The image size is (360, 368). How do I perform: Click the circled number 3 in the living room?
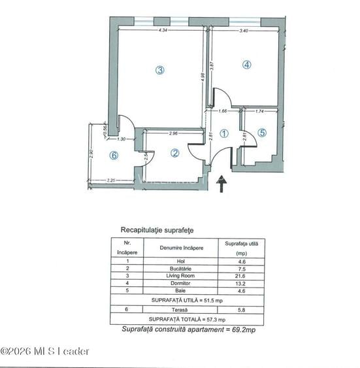click(x=159, y=71)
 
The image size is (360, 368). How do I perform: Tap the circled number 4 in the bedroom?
click(x=246, y=65)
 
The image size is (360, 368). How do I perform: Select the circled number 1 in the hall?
click(x=224, y=133)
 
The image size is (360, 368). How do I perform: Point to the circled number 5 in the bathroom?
click(x=262, y=133)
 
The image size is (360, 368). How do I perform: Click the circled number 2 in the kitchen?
click(x=174, y=153)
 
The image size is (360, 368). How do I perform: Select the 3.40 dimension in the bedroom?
click(x=244, y=31)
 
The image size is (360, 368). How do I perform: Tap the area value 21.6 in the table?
click(x=241, y=276)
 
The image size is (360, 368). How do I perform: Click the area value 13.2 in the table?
click(x=241, y=283)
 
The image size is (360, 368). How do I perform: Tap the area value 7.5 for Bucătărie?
click(x=241, y=269)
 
